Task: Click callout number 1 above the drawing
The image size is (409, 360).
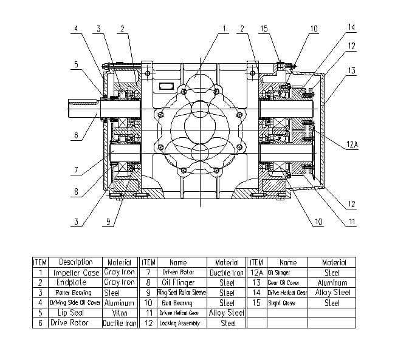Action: [224, 28]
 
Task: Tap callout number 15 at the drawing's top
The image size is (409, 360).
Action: [264, 28]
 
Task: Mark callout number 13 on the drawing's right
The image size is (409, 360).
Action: [352, 70]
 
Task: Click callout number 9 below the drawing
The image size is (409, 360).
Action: [108, 222]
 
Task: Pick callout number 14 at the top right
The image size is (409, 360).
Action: [352, 27]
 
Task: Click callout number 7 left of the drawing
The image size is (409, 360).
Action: [75, 169]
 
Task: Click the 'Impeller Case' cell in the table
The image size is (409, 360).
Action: [75, 273]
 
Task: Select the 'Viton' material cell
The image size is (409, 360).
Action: [120, 313]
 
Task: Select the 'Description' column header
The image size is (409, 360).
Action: [75, 262]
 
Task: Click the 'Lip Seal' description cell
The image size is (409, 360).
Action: [75, 313]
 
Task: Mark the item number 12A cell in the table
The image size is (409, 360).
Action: [255, 273]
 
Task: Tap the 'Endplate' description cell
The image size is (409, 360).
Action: [75, 282]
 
